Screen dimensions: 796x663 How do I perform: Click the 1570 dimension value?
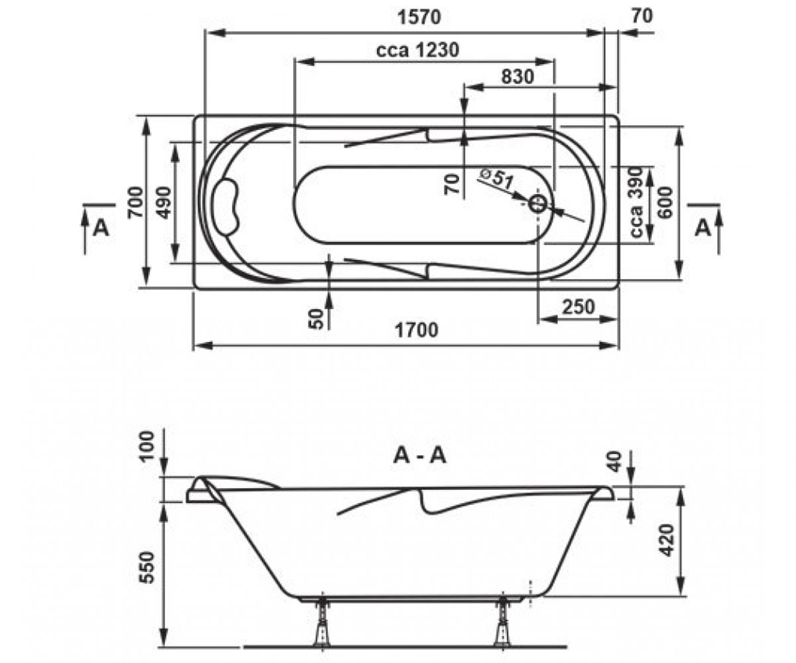[x=419, y=17]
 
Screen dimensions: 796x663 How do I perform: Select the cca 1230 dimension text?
[x=417, y=50]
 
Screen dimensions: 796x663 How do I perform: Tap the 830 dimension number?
[x=517, y=77]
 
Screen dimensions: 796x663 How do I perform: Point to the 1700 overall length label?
[x=417, y=330]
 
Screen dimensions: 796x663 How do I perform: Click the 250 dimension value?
[x=578, y=307]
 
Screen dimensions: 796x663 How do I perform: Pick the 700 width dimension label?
[x=136, y=202]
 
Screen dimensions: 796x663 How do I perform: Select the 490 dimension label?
[x=164, y=202]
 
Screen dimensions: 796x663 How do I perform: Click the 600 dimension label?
[x=665, y=202]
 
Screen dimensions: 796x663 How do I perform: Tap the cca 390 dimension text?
[x=636, y=202]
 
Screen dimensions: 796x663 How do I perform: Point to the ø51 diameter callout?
[x=497, y=179]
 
